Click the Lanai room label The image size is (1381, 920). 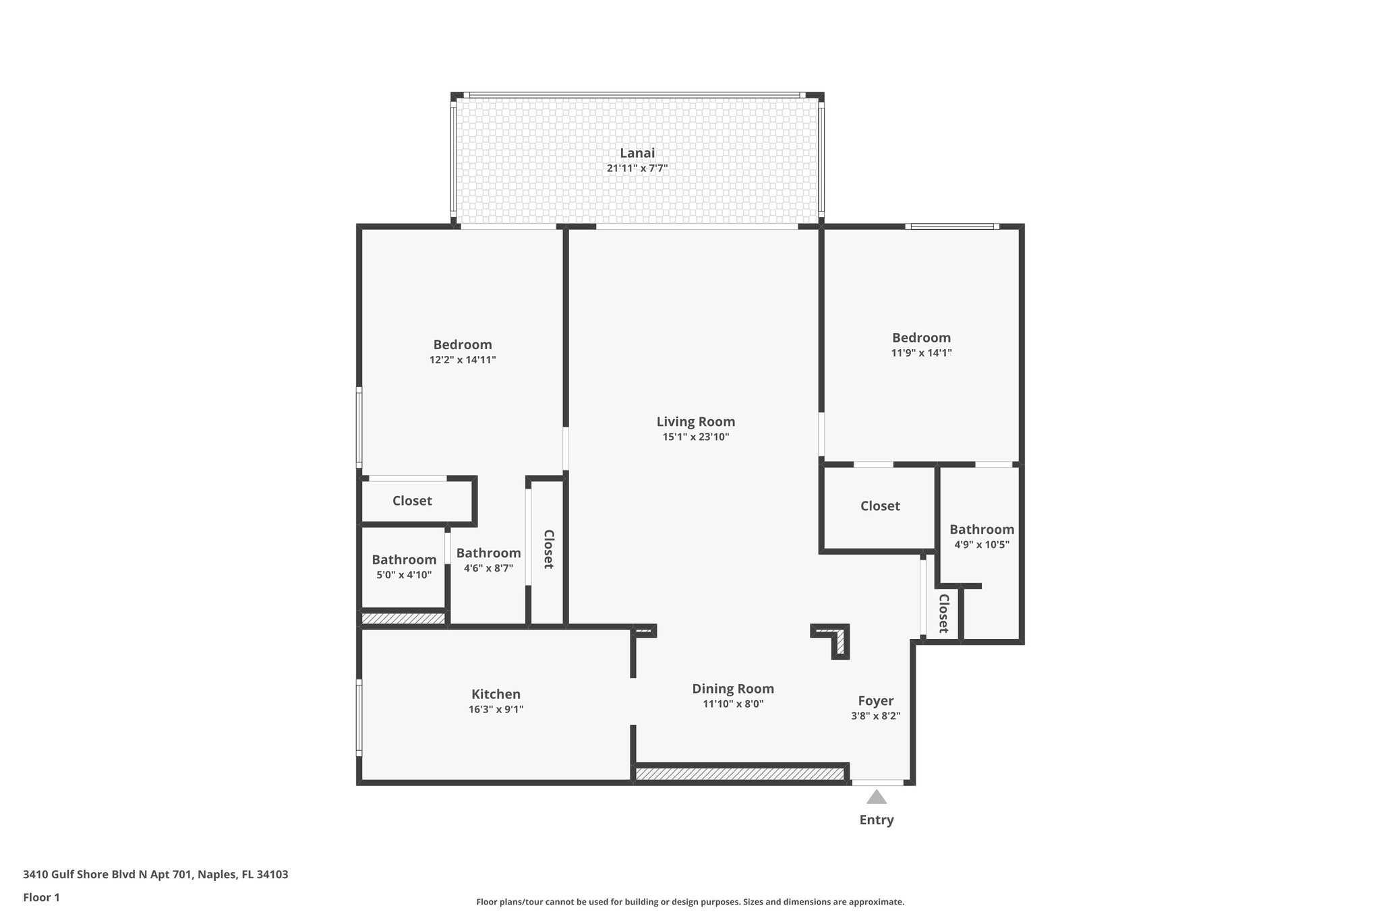point(637,153)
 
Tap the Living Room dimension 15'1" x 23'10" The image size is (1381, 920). point(696,437)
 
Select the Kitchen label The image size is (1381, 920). point(496,694)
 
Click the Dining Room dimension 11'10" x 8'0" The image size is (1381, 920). point(732,704)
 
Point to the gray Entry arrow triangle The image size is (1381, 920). point(876,798)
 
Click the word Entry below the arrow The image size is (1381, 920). point(876,820)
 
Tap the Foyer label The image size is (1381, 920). point(875,701)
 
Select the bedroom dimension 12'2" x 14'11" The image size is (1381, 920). point(463,360)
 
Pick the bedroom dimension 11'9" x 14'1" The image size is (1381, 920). point(921,352)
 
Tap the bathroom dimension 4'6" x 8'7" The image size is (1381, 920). point(488,568)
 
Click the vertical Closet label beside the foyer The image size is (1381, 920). point(943,613)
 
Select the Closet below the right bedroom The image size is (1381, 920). point(880,506)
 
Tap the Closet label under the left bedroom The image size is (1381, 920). point(412,501)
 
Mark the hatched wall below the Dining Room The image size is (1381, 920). point(740,774)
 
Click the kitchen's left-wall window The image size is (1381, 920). point(359,717)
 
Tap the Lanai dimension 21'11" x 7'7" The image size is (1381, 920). point(637,168)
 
